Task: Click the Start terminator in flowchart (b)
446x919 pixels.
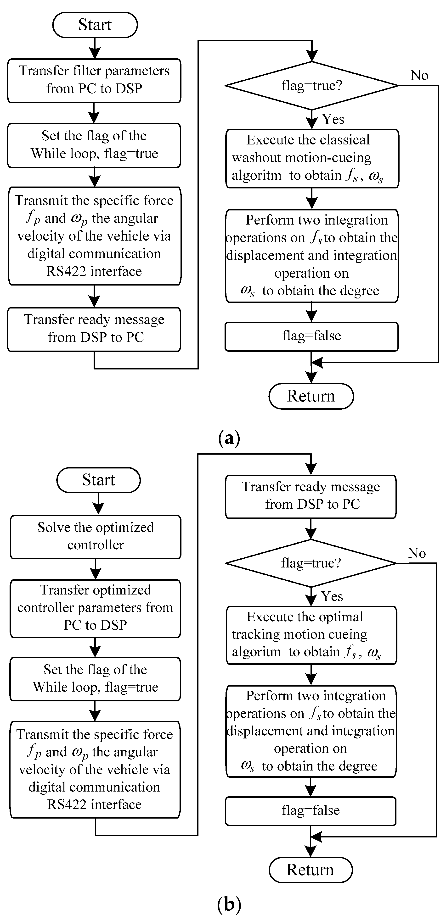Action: click(x=98, y=480)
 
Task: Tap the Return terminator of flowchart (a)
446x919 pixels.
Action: click(x=311, y=396)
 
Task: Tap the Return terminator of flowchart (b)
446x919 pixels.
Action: click(x=310, y=870)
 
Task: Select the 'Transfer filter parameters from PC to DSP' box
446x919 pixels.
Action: click(x=94, y=80)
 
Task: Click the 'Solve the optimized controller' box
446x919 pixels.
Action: click(x=95, y=536)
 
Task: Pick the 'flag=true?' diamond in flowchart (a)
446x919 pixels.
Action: click(x=311, y=86)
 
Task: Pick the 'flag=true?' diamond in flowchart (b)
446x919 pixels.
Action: click(x=311, y=563)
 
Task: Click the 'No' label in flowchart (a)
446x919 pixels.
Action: click(x=419, y=75)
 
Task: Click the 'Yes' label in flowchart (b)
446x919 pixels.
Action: click(x=332, y=596)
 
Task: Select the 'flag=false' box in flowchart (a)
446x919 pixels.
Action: click(x=311, y=336)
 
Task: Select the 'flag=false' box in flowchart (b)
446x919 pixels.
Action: click(x=310, y=810)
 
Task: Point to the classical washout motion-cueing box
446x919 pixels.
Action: click(x=312, y=158)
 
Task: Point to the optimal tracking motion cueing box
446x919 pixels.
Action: click(x=311, y=635)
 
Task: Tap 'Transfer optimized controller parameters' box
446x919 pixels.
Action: click(x=95, y=608)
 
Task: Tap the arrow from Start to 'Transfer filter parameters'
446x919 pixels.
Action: click(x=95, y=48)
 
